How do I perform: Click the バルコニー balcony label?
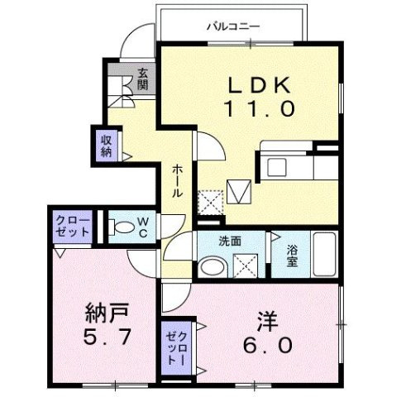pos(233,26)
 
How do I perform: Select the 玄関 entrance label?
pos(143,79)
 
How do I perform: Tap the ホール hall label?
pos(177,180)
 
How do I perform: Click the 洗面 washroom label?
pos(230,242)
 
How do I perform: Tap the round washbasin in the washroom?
pos(213,266)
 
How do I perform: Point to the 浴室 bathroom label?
pos(294,254)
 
